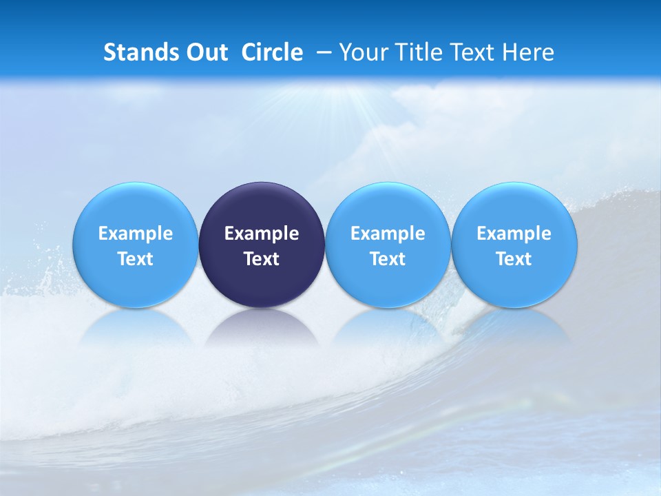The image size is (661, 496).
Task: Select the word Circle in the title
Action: click(272, 52)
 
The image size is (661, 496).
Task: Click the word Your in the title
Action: click(361, 52)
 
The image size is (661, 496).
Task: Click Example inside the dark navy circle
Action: click(262, 234)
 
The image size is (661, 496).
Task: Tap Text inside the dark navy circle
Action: click(262, 259)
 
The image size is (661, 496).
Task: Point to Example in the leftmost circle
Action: click(136, 234)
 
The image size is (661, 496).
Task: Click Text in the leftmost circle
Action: click(136, 259)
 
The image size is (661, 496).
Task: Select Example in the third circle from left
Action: click(388, 234)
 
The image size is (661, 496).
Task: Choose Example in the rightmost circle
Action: click(514, 234)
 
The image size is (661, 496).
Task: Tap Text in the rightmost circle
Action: click(514, 259)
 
